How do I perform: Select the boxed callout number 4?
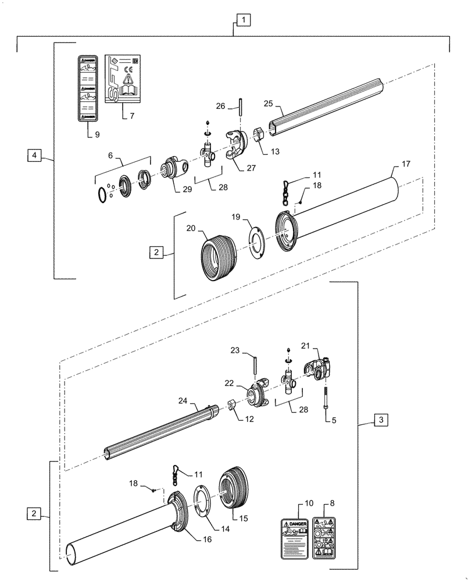coord(34,155)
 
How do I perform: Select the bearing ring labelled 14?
coord(202,500)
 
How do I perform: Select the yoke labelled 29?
coord(175,168)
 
